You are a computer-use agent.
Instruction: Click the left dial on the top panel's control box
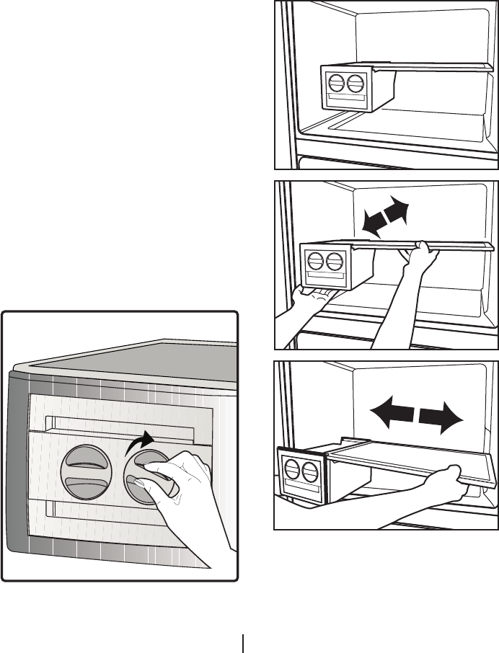point(337,82)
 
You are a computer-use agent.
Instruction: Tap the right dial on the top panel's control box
point(355,82)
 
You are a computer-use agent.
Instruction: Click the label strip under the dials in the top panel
point(345,100)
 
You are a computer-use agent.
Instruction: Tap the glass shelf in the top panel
point(433,66)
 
